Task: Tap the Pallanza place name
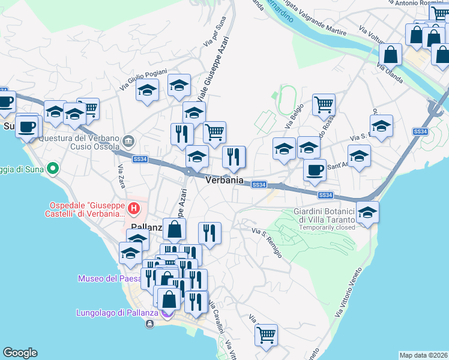pyautogui.click(x=146, y=227)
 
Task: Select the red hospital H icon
pyautogui.click(x=134, y=209)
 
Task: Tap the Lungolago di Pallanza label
pyautogui.click(x=117, y=313)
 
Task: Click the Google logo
pyautogui.click(x=20, y=352)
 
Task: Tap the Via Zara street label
pyautogui.click(x=122, y=175)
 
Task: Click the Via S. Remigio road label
pyautogui.click(x=267, y=242)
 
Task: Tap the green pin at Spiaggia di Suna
pyautogui.click(x=52, y=169)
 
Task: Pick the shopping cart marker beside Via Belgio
pyautogui.click(x=324, y=104)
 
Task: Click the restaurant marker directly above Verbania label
pyautogui.click(x=234, y=157)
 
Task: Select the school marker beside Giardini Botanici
pyautogui.click(x=367, y=211)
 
